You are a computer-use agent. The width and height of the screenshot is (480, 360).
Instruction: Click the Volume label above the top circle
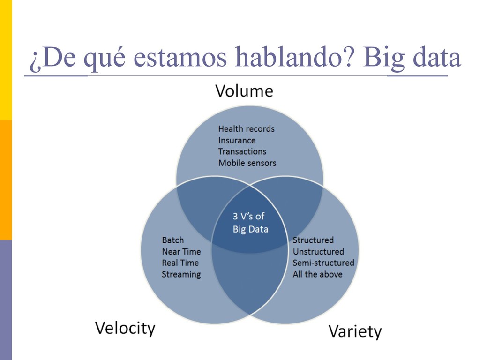pyautogui.click(x=244, y=90)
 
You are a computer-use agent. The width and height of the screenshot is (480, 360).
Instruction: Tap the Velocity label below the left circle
pyautogui.click(x=125, y=328)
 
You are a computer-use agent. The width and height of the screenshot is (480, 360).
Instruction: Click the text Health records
pyautogui.click(x=246, y=128)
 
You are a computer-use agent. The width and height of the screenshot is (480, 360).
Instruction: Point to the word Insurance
pyautogui.click(x=237, y=140)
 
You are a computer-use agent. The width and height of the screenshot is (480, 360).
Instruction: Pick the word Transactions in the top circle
pyautogui.click(x=242, y=151)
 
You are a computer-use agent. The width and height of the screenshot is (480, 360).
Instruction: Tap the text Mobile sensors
pyautogui.click(x=247, y=163)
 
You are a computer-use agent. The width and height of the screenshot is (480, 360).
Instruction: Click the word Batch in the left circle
pyautogui.click(x=173, y=240)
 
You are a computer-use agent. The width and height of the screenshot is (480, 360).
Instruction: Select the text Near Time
pyautogui.click(x=181, y=252)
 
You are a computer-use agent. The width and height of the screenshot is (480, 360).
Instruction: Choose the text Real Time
pyautogui.click(x=180, y=263)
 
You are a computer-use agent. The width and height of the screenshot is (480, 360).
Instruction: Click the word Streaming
pyautogui.click(x=181, y=274)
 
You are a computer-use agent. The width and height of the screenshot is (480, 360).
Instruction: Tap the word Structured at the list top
pyautogui.click(x=313, y=240)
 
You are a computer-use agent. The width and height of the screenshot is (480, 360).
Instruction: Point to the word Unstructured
pyautogui.click(x=318, y=252)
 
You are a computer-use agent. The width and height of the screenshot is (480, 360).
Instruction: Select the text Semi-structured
pyautogui.click(x=323, y=263)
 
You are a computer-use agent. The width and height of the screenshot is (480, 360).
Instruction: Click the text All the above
pyautogui.click(x=317, y=274)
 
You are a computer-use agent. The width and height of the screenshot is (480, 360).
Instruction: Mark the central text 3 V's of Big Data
pyautogui.click(x=250, y=223)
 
